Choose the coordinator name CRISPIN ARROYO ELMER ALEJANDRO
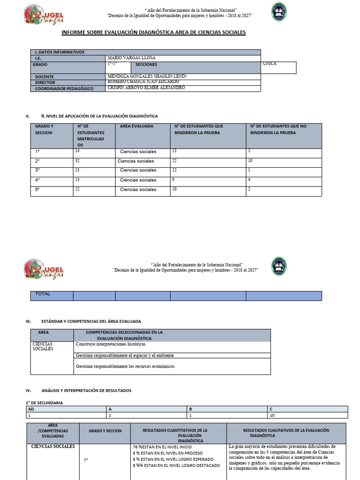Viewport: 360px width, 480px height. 146,88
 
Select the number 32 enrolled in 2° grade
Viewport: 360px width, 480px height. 77,160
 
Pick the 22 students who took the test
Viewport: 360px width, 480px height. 175,160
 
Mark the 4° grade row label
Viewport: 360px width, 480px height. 37,180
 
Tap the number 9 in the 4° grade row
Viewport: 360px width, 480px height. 173,179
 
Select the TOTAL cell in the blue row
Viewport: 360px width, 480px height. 43,294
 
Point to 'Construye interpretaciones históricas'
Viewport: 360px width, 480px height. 110,344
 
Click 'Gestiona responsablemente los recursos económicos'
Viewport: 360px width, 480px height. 125,366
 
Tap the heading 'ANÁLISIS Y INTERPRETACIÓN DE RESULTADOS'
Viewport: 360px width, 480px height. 86,390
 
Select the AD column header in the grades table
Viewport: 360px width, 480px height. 31,409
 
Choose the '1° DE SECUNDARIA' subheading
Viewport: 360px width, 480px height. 44,403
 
